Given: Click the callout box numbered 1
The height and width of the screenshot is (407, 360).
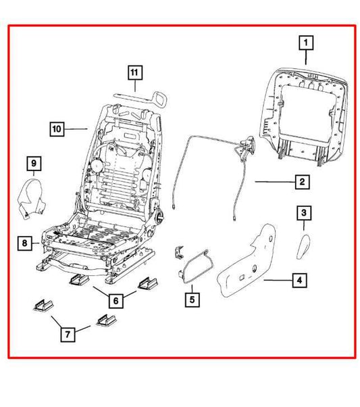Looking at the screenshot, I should pos(306,43).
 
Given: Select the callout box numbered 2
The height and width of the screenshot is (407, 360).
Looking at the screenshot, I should pos(302,182).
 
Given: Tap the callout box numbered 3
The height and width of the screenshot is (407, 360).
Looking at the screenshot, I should pos(305,214).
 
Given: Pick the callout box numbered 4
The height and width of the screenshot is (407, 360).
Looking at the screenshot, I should pos(298,279).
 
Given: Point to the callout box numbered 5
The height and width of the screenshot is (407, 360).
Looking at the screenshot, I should pos(192,297).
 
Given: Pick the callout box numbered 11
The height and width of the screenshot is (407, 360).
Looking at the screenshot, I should pos(134,72).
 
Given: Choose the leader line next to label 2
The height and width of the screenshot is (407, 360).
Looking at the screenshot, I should pos(273,183).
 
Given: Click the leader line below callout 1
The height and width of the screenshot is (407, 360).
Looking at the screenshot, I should pos(306,59).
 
